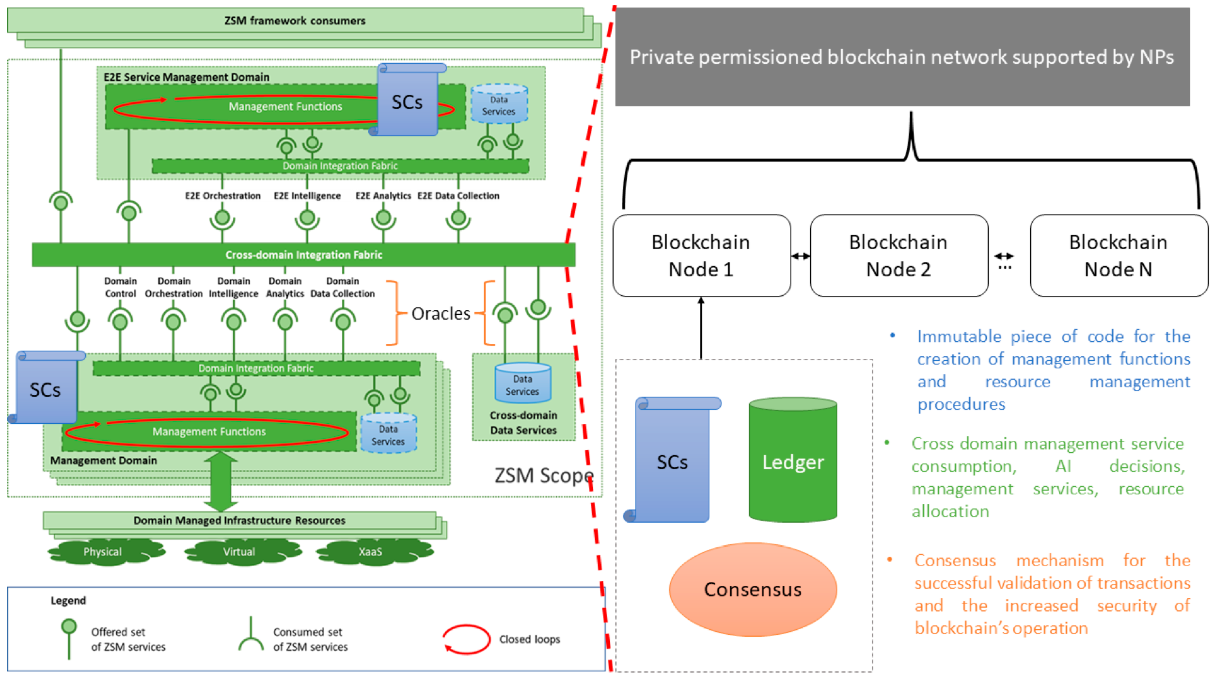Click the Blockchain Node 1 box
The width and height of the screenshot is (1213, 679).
(701, 256)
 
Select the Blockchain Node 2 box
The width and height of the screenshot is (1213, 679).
(899, 256)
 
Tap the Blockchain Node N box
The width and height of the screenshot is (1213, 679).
(1118, 256)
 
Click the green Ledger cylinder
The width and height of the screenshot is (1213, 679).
(793, 462)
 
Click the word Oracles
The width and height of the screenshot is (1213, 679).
(441, 314)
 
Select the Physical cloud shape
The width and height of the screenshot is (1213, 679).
(103, 552)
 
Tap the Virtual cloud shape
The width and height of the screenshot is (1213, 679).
(239, 552)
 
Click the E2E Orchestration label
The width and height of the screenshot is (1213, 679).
(223, 196)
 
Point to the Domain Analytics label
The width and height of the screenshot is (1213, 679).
(285, 287)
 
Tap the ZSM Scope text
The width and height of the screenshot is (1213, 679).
(544, 476)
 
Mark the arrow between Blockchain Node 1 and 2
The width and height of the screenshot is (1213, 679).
(801, 256)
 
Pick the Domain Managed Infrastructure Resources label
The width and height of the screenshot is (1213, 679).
(239, 520)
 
